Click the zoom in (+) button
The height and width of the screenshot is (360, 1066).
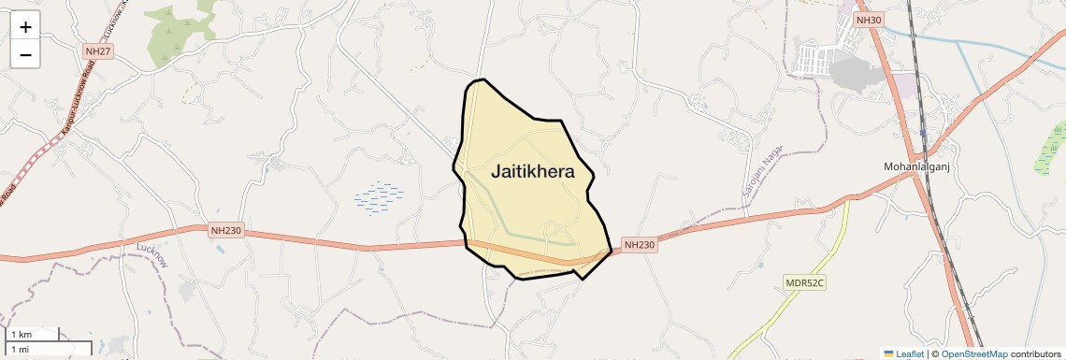[x=25, y=26]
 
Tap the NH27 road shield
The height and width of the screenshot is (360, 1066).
[x=97, y=51]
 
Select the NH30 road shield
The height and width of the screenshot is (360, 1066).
[x=869, y=20]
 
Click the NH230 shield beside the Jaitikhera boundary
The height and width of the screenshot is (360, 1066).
[x=640, y=244]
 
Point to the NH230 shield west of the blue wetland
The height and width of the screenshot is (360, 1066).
[x=227, y=230]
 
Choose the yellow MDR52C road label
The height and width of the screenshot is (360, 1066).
[x=805, y=281]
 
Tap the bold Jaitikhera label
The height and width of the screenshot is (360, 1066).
[x=532, y=172]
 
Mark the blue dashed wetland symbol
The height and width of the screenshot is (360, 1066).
[x=380, y=197]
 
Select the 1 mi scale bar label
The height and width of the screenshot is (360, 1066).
[x=20, y=349]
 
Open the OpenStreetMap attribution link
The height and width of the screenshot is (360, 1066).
[x=973, y=353]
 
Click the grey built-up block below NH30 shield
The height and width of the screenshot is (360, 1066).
[x=851, y=70]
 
